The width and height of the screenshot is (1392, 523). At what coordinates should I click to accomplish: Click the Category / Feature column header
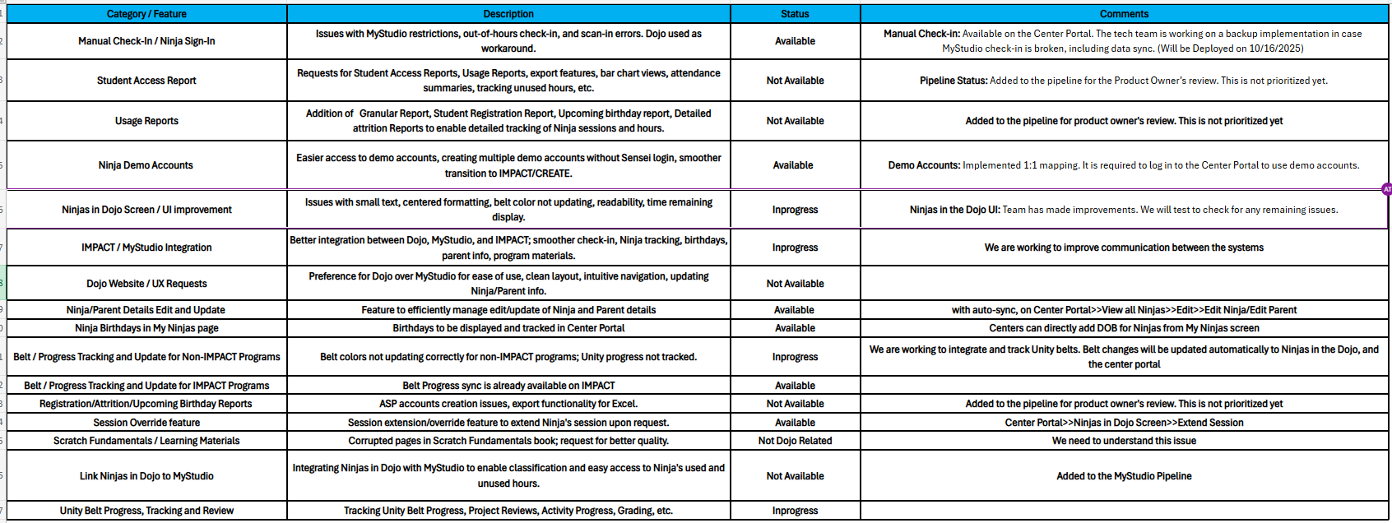(146, 14)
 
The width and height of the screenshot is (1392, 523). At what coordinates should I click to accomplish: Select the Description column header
(508, 14)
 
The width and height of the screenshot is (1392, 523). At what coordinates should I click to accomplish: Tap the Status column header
(795, 14)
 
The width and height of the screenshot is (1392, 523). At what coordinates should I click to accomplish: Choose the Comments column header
(1124, 14)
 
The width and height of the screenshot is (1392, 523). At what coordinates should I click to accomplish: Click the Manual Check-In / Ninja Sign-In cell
(146, 41)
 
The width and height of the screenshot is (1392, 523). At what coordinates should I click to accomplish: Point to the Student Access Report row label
(146, 81)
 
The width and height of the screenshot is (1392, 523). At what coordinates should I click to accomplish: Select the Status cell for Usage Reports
(795, 121)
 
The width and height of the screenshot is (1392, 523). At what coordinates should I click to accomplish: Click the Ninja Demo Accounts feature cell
(146, 165)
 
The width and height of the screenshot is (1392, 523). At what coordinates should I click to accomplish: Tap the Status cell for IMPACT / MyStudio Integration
(795, 248)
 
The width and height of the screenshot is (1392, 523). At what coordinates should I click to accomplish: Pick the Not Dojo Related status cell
(795, 441)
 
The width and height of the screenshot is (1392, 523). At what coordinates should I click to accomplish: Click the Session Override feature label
(146, 423)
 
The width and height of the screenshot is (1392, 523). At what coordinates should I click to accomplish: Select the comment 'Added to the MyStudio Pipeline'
(1124, 476)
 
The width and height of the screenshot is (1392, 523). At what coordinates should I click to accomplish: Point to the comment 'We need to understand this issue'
(1124, 441)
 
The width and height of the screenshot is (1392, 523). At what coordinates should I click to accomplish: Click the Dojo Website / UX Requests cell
(146, 284)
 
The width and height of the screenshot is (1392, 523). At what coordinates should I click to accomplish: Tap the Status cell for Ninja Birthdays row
(795, 328)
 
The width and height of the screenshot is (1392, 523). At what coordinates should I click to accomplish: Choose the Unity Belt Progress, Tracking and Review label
(146, 511)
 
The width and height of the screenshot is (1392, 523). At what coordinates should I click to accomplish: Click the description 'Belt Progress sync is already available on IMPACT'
(508, 386)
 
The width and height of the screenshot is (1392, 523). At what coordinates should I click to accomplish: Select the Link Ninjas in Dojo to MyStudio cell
(146, 476)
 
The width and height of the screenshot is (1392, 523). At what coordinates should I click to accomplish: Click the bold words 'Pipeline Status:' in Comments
(954, 81)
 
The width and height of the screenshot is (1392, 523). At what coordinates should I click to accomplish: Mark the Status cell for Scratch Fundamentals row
(795, 441)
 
